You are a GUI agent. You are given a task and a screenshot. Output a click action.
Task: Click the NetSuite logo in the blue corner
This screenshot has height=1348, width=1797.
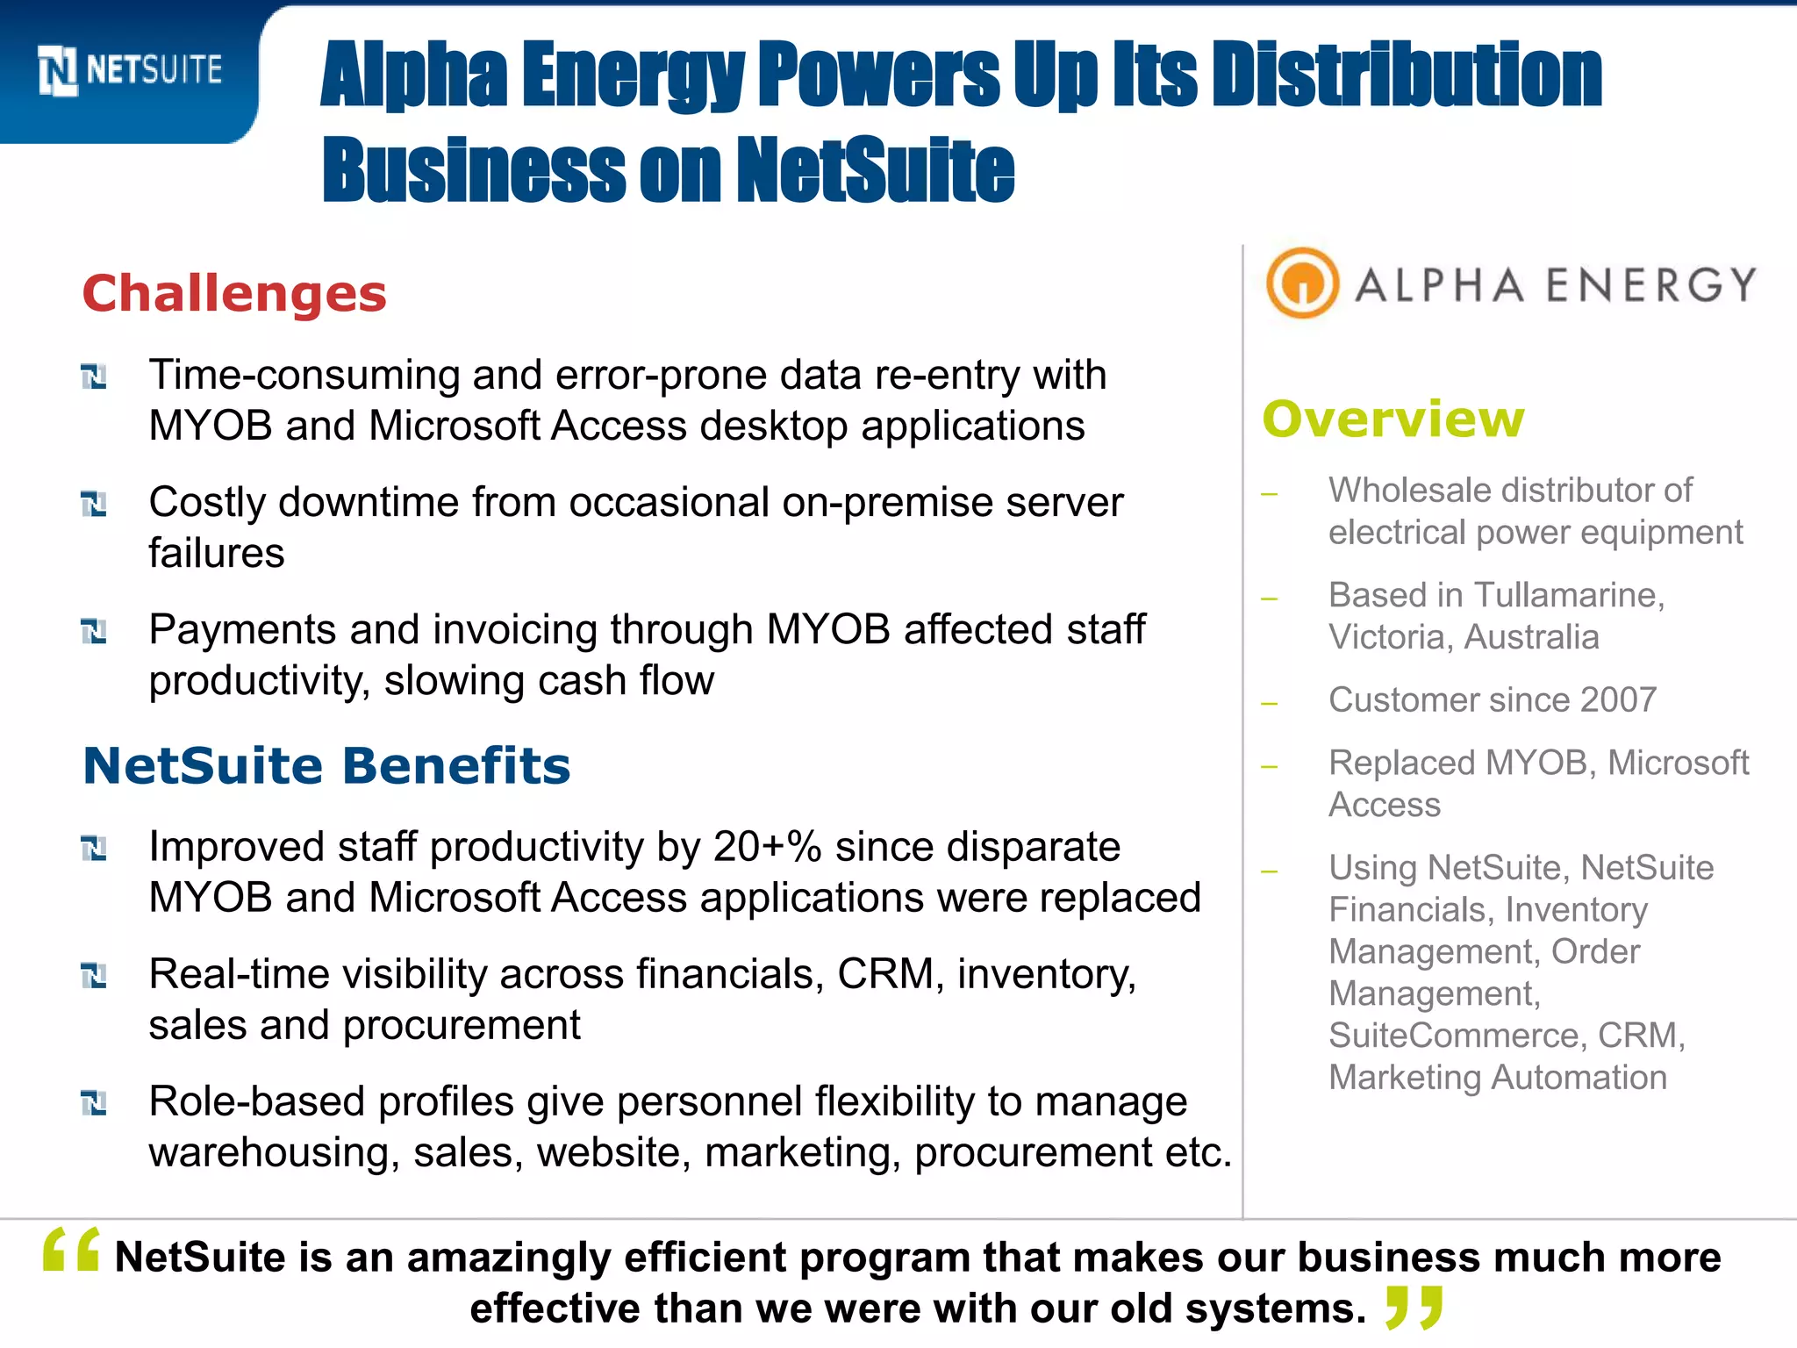(x=130, y=70)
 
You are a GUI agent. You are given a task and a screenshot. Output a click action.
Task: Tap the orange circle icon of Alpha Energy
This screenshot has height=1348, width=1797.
(x=1302, y=283)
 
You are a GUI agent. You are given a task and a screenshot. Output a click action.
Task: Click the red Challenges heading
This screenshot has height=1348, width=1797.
(x=233, y=293)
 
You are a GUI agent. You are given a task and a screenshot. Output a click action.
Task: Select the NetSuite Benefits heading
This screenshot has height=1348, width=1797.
(x=326, y=765)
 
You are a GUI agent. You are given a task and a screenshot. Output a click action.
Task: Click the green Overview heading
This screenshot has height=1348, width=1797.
(x=1392, y=419)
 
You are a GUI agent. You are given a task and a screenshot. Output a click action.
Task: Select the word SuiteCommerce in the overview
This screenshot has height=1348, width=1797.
(x=1457, y=1036)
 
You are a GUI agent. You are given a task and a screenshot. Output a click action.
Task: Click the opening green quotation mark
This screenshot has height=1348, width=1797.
(x=71, y=1250)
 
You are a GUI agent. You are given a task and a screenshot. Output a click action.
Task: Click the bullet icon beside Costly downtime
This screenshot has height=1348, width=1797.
(x=93, y=505)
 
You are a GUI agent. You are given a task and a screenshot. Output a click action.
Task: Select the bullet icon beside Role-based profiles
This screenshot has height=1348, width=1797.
(x=93, y=1103)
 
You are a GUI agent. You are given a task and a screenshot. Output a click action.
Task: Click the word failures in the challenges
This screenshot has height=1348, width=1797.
(x=216, y=554)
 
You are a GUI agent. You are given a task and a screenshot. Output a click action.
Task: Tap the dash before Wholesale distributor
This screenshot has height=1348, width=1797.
(x=1269, y=494)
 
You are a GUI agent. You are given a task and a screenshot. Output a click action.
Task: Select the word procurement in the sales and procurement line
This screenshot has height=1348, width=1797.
(x=462, y=1025)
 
